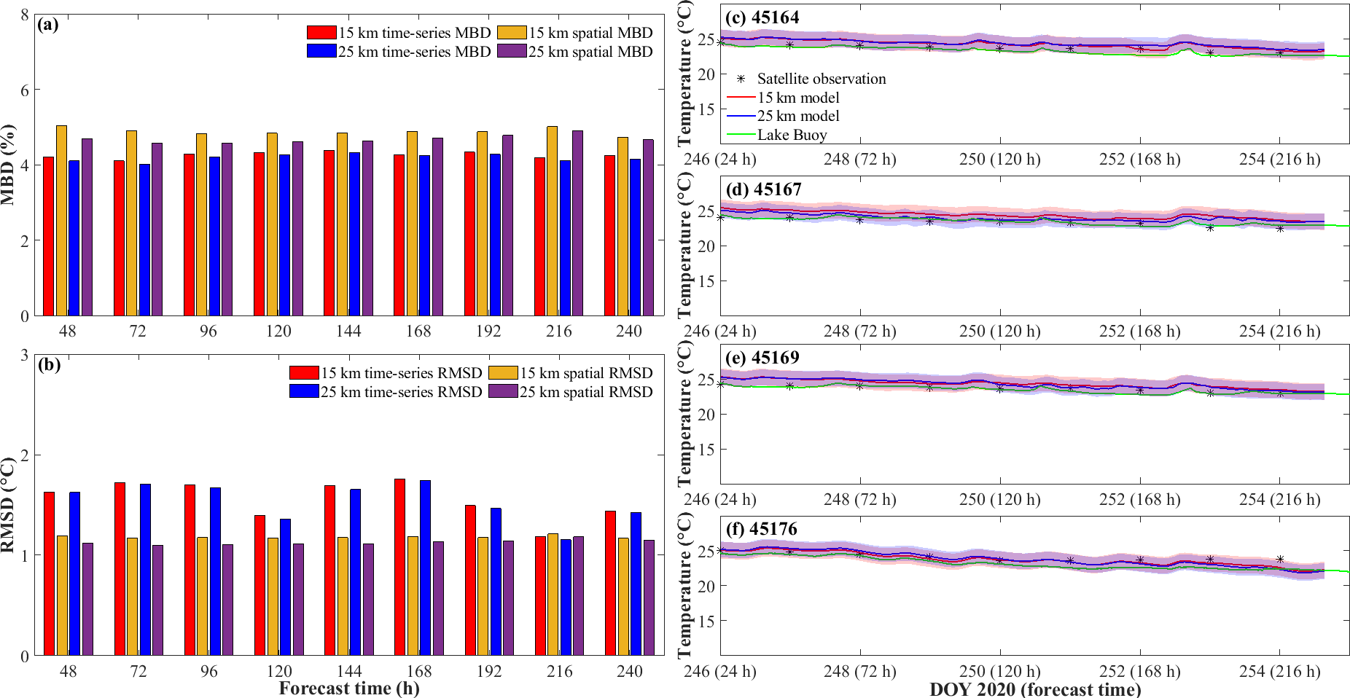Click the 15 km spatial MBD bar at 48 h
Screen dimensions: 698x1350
click(x=61, y=220)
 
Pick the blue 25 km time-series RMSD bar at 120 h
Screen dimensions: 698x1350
click(x=285, y=587)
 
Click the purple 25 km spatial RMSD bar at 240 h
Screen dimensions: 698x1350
click(x=649, y=597)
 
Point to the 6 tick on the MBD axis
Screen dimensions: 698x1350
click(x=25, y=90)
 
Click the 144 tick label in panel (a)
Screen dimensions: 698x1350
click(x=348, y=331)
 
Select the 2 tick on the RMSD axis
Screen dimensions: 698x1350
click(x=25, y=455)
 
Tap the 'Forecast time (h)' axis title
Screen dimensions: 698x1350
click(x=349, y=689)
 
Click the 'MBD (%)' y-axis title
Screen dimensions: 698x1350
click(x=9, y=165)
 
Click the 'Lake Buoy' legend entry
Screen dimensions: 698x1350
click(x=792, y=135)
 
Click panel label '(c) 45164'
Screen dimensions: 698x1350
click(x=762, y=17)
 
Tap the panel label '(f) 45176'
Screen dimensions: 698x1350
click(x=762, y=529)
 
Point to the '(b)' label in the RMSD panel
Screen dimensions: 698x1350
click(x=49, y=365)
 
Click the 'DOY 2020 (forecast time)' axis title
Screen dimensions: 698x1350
click(x=1035, y=689)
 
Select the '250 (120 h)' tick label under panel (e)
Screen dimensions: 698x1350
click(x=999, y=499)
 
